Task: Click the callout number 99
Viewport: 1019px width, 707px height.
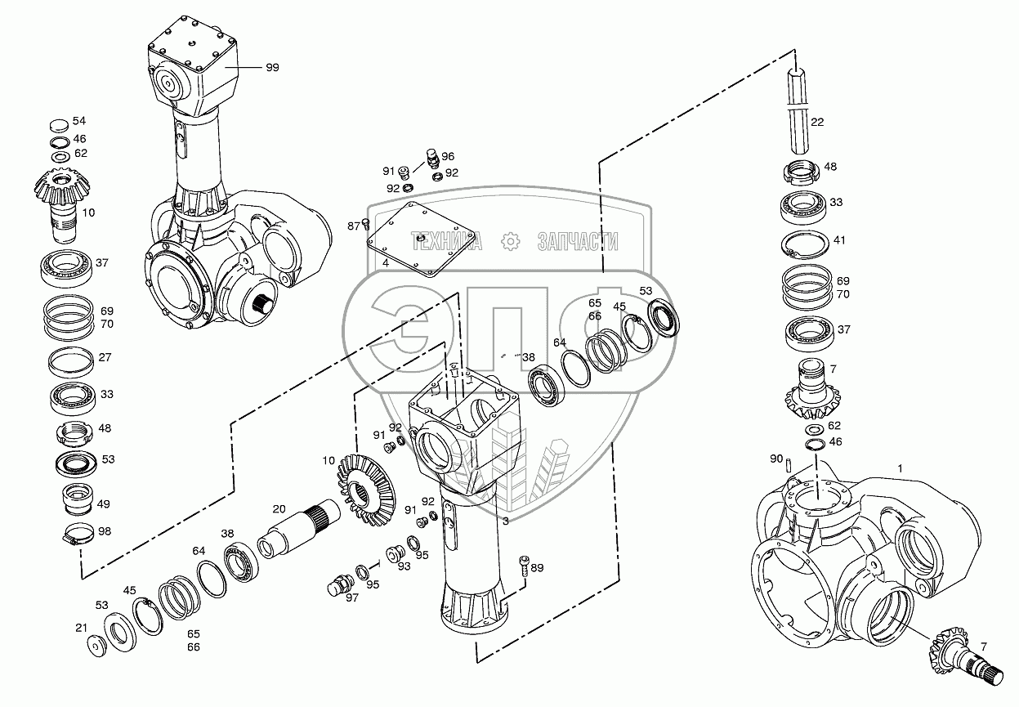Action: tap(272, 68)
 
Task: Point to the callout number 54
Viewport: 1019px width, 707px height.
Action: tap(79, 121)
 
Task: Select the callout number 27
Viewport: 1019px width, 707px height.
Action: tap(106, 358)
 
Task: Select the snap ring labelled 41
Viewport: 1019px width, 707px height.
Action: tap(808, 243)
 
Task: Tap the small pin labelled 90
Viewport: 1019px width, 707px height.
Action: tap(792, 466)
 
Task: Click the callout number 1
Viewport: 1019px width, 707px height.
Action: tap(900, 468)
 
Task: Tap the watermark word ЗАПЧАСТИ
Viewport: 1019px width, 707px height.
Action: tap(577, 241)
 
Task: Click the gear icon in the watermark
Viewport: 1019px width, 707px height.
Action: tap(511, 241)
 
